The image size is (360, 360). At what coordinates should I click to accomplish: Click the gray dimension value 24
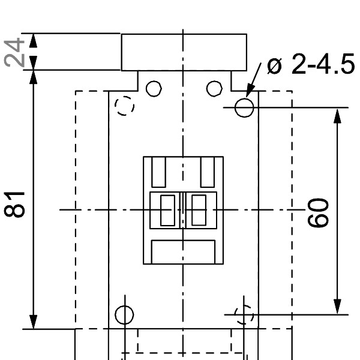click(15, 52)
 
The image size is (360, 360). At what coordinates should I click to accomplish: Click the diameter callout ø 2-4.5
click(311, 65)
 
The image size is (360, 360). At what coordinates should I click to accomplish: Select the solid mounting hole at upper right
click(244, 107)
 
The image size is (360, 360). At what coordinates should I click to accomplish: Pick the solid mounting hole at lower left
click(124, 314)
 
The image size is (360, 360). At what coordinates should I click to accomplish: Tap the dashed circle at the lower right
click(244, 314)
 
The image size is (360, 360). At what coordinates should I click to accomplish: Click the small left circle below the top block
click(154, 88)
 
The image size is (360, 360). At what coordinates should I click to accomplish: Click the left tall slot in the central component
click(160, 172)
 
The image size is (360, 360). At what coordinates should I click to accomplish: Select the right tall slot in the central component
click(207, 172)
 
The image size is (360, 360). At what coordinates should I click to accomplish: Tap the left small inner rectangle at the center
click(167, 209)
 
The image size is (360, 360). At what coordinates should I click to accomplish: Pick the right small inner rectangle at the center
click(199, 209)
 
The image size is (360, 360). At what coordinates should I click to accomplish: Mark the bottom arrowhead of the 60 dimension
click(338, 305)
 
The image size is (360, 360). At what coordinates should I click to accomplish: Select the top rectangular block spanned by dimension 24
click(184, 52)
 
